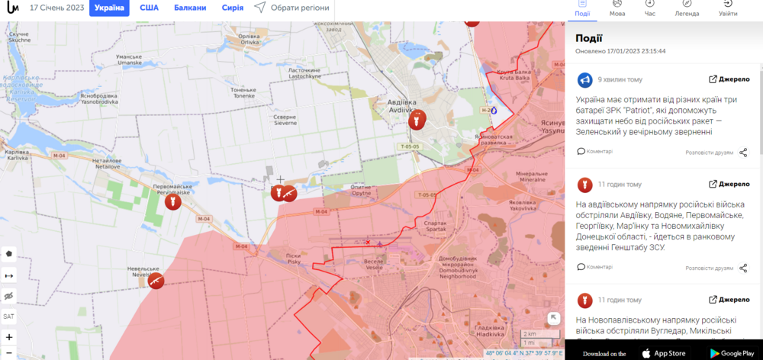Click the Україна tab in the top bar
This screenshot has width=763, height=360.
point(109,8)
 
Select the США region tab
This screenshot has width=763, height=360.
point(149,8)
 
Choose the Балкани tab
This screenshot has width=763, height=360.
point(189,8)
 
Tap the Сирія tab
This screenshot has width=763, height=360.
point(232,8)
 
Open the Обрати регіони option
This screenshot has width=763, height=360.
point(292,8)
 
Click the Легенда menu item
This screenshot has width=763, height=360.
point(686,8)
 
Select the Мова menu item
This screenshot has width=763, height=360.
point(617,8)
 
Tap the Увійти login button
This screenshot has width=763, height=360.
point(728,8)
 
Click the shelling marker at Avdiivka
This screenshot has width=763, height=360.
point(416,120)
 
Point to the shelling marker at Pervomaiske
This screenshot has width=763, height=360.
point(173,203)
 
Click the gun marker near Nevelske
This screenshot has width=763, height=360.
point(156,281)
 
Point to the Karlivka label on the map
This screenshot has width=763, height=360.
point(17,154)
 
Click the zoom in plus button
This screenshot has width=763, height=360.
point(9,336)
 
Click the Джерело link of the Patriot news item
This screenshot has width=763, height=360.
point(730,79)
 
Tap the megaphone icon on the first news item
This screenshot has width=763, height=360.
point(584,79)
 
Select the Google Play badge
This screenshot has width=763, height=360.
point(731,353)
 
